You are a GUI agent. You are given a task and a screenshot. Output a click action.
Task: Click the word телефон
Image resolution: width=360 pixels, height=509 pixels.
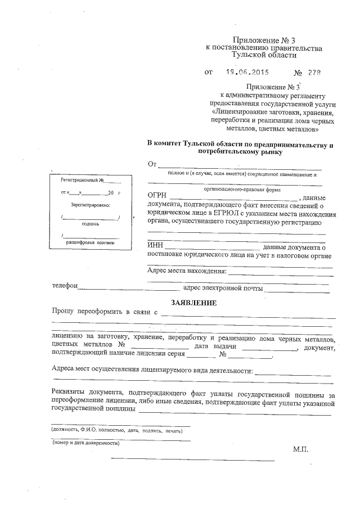point(65,286)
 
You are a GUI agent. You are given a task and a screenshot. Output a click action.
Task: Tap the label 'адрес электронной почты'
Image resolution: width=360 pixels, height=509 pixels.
point(223,288)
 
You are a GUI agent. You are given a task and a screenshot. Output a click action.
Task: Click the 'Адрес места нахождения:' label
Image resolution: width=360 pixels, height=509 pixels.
point(186,271)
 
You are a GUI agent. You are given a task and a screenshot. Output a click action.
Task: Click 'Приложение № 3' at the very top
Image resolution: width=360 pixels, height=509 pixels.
point(264,40)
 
